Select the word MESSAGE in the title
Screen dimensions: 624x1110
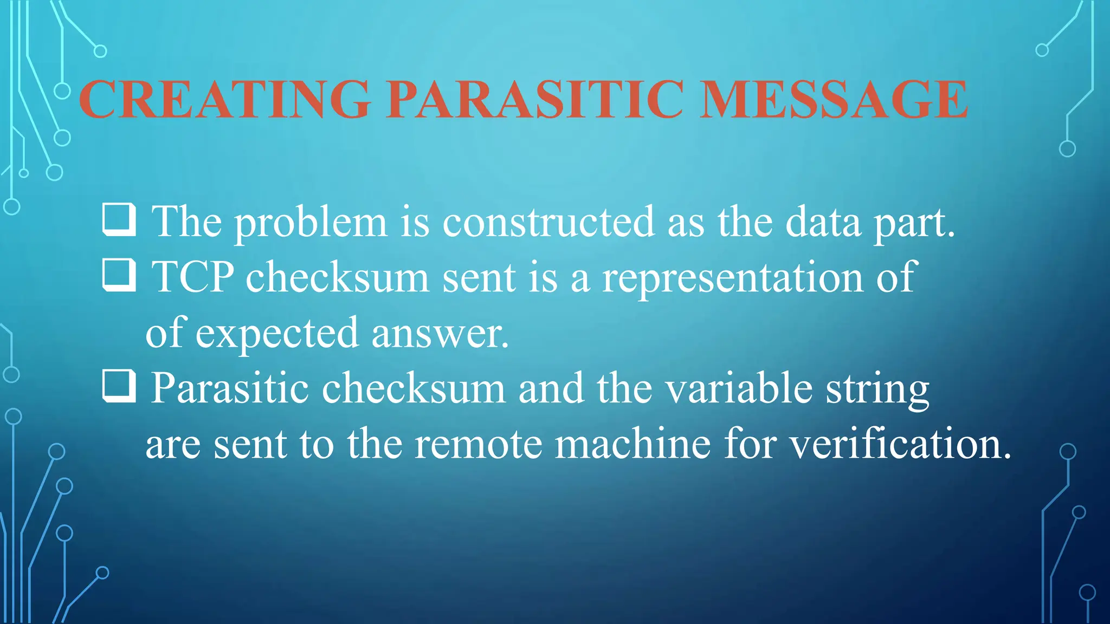coord(833,99)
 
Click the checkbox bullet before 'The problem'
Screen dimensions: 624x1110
coord(119,219)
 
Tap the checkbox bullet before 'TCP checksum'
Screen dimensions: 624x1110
coord(119,275)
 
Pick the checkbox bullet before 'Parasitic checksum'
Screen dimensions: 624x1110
coord(119,386)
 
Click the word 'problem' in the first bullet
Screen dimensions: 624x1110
coord(311,223)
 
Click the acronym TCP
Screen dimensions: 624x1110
coord(193,277)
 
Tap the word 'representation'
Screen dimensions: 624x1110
coord(732,278)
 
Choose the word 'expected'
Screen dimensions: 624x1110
coord(277,334)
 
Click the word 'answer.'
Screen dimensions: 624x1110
coord(440,334)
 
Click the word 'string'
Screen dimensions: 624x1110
coord(877,390)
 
